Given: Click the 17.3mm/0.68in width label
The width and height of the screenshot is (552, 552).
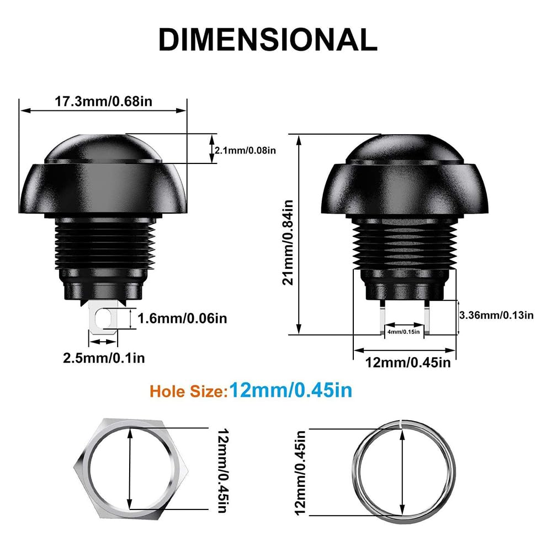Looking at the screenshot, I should coord(103,102).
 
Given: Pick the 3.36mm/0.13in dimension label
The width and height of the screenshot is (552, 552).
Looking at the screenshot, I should coord(496,315).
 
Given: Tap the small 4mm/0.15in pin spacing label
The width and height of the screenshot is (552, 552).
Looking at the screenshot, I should coord(404,331).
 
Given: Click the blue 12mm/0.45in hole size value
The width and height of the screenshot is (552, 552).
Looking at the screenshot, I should coord(291,390).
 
